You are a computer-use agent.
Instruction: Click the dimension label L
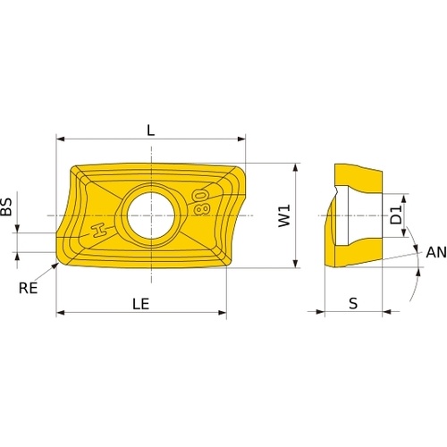[x=151, y=131]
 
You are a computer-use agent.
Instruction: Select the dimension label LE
[x=140, y=304]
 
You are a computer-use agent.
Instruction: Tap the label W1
[x=284, y=215]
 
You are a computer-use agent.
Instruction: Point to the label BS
[x=6, y=207]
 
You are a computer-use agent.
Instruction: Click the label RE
[x=29, y=288]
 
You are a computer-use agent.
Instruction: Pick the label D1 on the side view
[x=396, y=215]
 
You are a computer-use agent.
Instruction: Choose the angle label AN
[x=436, y=252]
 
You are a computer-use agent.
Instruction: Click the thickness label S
[x=353, y=304]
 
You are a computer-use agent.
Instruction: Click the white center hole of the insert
[x=151, y=215]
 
